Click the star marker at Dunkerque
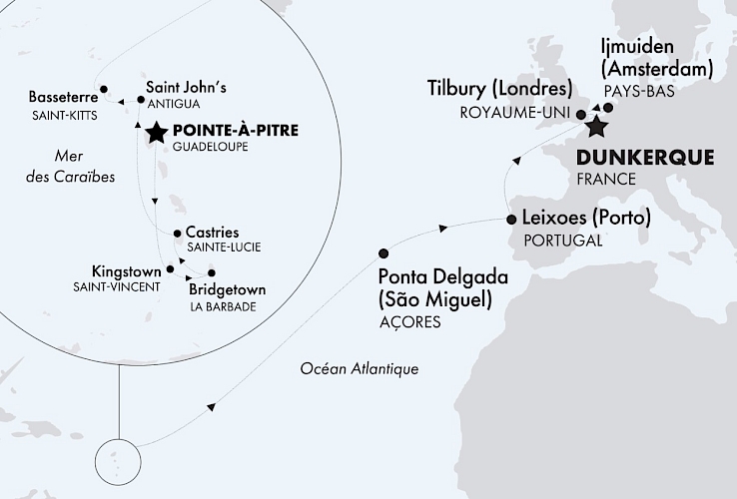point(597,127)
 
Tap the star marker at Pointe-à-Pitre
point(157,133)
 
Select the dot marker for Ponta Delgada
point(384,253)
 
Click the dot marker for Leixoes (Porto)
point(511,219)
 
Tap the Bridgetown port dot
point(211,272)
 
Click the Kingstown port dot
point(171,268)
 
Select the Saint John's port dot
point(139,99)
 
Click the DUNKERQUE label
point(645,158)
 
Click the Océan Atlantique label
point(359,369)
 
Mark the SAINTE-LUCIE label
point(216,248)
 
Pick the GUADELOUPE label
point(209,147)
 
